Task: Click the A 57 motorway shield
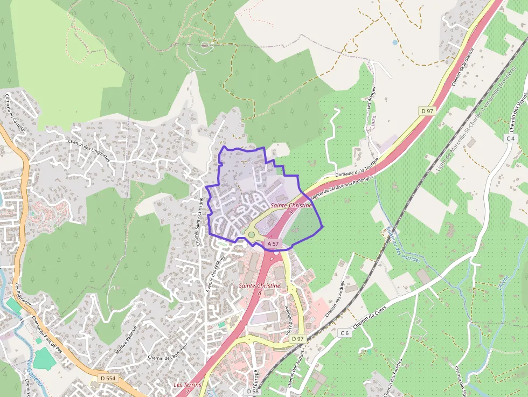273,243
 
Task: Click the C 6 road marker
345,333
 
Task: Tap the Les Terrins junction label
187,385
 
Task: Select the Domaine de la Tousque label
357,168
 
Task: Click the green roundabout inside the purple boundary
251,234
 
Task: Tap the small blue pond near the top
395,41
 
